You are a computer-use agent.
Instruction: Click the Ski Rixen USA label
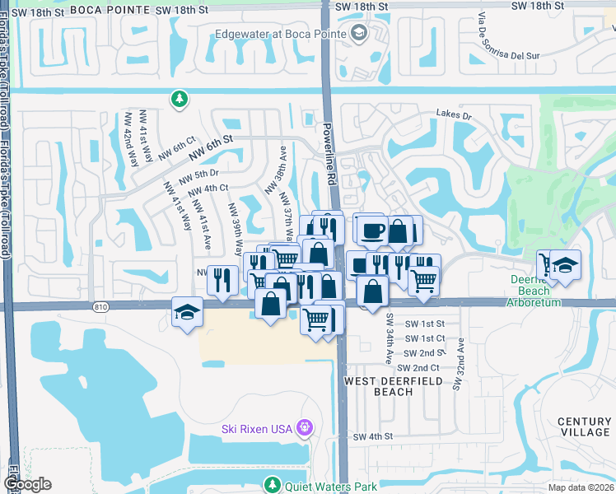point(258,429)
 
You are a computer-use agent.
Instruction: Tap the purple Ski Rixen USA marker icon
point(304,428)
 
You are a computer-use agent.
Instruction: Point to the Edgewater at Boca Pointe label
point(280,34)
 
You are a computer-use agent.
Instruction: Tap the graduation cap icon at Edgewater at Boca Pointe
point(358,33)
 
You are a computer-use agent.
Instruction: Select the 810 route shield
point(101,307)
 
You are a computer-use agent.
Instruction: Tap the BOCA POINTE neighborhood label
point(110,10)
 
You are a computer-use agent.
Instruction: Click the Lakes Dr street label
point(454,116)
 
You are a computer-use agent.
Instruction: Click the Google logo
point(27,484)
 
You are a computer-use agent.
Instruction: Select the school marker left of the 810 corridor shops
point(186,313)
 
